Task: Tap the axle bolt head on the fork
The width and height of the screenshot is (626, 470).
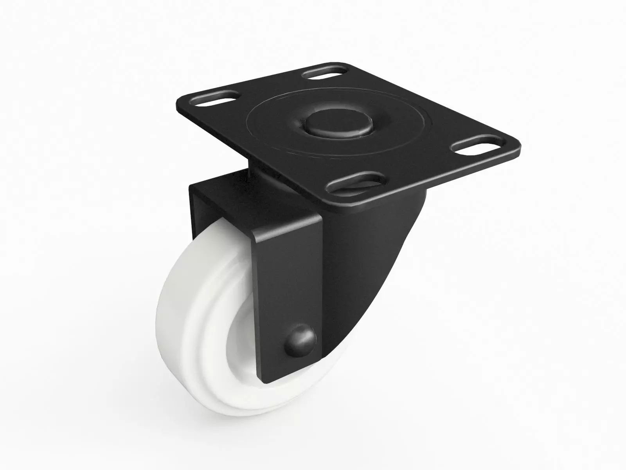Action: click(x=301, y=336)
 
